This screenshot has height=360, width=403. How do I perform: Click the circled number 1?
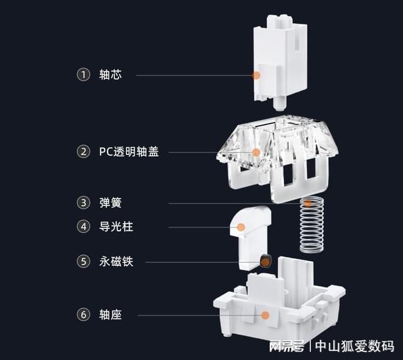tap(83, 75)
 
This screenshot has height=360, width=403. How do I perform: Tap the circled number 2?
tap(83, 152)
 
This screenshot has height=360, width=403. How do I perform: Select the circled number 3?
tap(83, 203)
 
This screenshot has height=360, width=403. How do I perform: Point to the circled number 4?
tap(83, 227)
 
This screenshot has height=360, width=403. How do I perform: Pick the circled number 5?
tap(83, 262)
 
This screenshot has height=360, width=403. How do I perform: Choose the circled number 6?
tap(83, 315)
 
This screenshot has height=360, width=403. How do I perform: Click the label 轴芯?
tap(111, 75)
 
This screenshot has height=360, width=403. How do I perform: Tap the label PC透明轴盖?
tap(129, 152)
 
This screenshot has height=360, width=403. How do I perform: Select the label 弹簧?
tap(111, 203)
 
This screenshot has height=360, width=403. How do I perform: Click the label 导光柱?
tap(115, 227)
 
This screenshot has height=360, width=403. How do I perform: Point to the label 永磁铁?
tap(115, 262)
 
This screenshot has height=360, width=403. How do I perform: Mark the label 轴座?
tap(111, 315)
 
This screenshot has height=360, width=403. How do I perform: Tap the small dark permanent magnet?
tap(265, 261)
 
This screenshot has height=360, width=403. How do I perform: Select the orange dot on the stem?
tap(256, 75)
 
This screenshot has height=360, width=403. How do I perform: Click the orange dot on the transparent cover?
tap(256, 152)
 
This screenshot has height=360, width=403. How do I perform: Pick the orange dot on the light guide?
tap(241, 228)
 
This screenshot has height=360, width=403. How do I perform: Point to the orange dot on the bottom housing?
tap(265, 315)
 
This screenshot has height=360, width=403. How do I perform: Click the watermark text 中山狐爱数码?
tap(354, 346)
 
